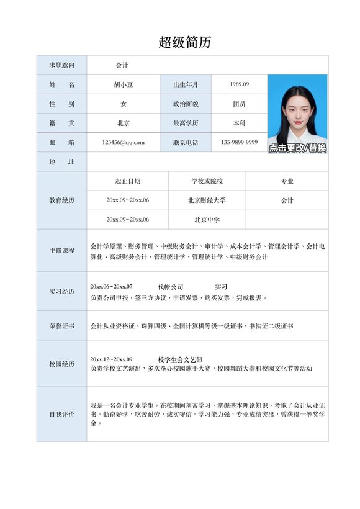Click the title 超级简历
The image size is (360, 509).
tap(185, 42)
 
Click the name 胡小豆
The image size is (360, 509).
tap(123, 84)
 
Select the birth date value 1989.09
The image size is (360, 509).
tap(239, 84)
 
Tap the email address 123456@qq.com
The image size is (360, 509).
tap(123, 142)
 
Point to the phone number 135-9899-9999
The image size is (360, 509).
tap(239, 142)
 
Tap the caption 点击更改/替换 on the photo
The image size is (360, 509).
tap(297, 148)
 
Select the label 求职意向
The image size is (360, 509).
tap(61, 65)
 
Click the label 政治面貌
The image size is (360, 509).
tap(186, 104)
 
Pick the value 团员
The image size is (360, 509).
tap(239, 104)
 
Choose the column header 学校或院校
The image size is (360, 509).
tap(207, 181)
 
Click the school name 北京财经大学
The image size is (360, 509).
tap(207, 200)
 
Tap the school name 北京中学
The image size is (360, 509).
tap(207, 220)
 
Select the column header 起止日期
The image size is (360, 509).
tap(128, 181)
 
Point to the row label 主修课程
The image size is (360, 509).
tap(61, 251)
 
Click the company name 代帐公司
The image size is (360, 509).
tap(171, 287)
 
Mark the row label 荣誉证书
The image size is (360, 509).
tap(61, 326)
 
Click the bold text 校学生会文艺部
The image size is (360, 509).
tap(180, 359)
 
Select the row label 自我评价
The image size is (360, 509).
tap(61, 414)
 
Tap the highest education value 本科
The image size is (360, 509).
tap(239, 123)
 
